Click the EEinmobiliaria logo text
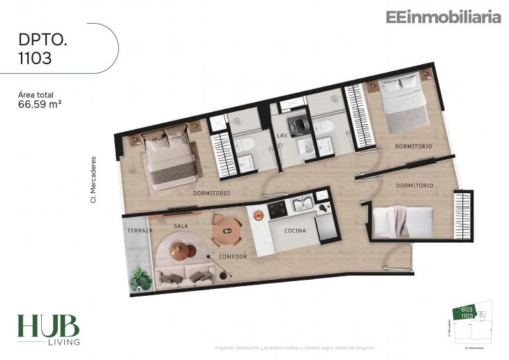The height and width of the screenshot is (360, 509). [x=443, y=17]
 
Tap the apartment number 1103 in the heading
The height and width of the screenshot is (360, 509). [x=35, y=59]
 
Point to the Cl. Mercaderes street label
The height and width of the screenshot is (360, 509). [x=93, y=179]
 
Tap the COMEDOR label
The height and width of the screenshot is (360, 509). [x=233, y=257]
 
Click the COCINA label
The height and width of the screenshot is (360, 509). [x=295, y=230]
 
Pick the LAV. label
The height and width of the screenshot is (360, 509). [x=282, y=135]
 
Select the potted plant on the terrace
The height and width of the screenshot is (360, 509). [x=142, y=279]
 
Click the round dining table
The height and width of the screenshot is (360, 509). [x=227, y=230]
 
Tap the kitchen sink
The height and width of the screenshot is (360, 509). [x=303, y=204]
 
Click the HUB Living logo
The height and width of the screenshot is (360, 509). [x=48, y=329]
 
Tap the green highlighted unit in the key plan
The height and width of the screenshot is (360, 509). [x=464, y=313]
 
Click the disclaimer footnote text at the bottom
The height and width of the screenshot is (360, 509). [x=294, y=347]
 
